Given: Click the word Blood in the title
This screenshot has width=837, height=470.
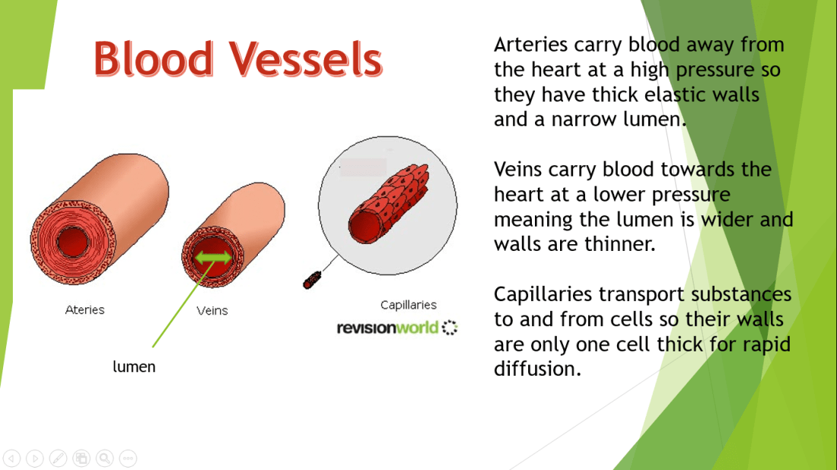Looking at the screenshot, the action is [154, 58].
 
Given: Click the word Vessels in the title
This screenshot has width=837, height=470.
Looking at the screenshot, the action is [307, 58].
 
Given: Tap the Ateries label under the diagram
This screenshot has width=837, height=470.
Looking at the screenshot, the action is [85, 310].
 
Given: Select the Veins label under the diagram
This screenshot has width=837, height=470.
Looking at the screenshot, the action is [212, 310].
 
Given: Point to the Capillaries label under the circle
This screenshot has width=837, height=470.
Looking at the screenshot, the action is [409, 305].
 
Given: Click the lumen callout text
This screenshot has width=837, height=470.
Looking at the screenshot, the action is [134, 367].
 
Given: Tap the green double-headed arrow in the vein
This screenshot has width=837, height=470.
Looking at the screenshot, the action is [213, 259].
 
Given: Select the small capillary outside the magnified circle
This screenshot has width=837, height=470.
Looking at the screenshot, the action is [312, 280].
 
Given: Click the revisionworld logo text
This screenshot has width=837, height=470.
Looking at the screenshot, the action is [387, 328].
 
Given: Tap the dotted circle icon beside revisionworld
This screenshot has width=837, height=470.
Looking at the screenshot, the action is [450, 328].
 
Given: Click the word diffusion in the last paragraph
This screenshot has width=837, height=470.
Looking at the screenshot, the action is [537, 369].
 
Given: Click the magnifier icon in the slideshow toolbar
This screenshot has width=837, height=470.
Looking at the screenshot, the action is [105, 459].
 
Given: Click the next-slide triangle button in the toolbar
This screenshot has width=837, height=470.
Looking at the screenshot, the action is [35, 459].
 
